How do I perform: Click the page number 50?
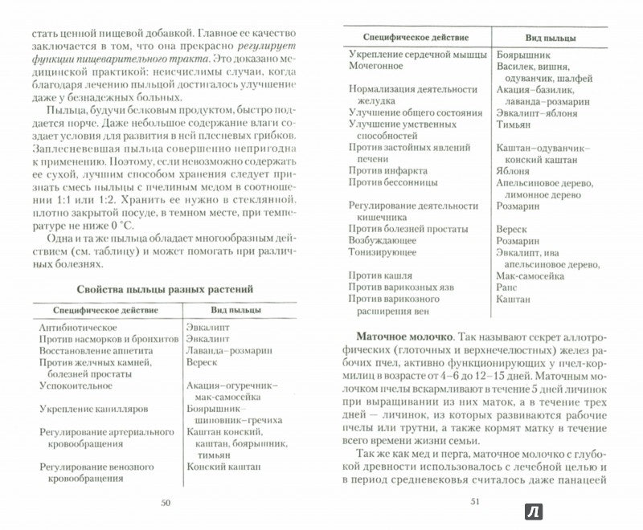165,504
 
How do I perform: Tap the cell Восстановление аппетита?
90,353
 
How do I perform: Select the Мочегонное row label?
375,67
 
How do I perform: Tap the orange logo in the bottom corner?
618,514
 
